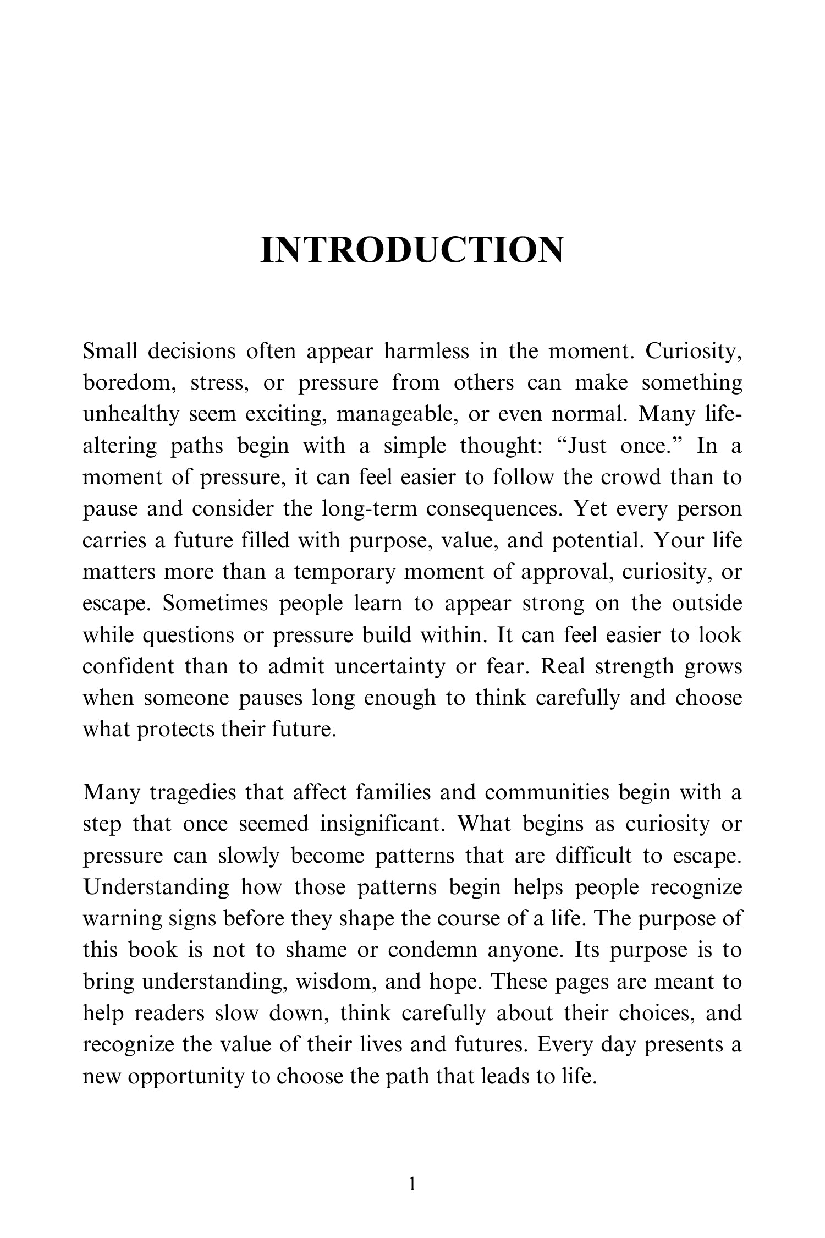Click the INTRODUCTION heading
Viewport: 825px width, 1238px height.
pos(412,250)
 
